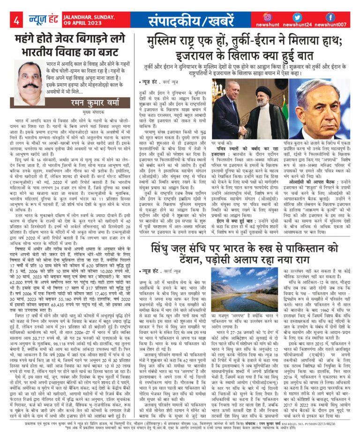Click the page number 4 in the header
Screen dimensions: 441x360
[x=16, y=20]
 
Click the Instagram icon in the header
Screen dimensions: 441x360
[x=267, y=17]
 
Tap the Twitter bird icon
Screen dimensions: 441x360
[x=299, y=17]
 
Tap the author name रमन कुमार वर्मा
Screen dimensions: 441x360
[x=90, y=101]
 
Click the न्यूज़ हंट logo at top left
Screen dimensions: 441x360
[x=41, y=20]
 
